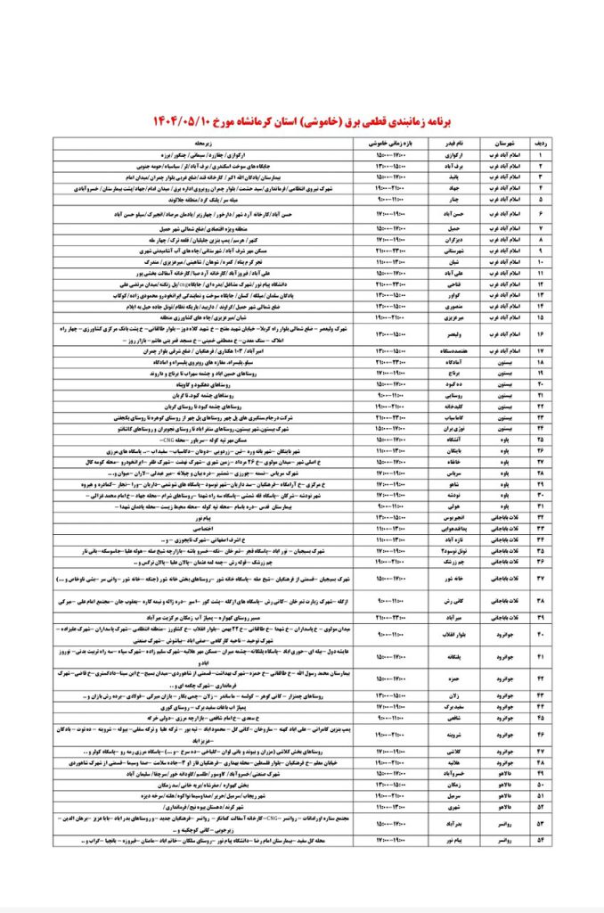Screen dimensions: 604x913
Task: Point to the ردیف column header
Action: point(564,142)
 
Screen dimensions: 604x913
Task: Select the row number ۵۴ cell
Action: point(564,840)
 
